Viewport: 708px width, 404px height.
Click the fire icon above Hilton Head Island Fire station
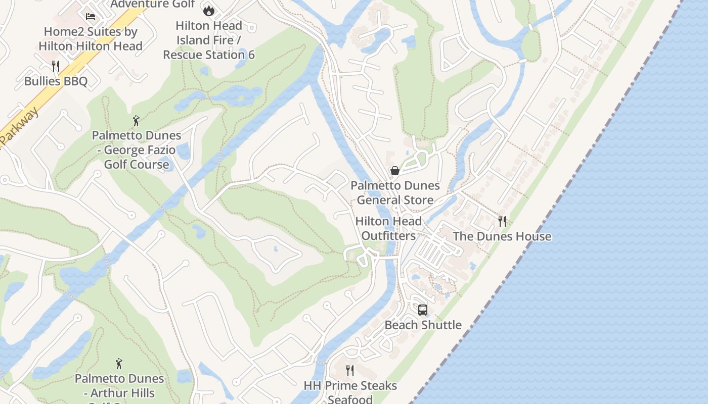click(x=208, y=10)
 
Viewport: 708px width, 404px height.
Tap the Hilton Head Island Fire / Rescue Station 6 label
click(x=209, y=40)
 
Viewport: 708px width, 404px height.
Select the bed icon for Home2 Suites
click(x=91, y=17)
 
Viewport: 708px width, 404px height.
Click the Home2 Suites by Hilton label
click(x=91, y=38)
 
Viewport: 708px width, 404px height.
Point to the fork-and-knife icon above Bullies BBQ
click(x=56, y=66)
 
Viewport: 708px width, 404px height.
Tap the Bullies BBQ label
click(x=56, y=81)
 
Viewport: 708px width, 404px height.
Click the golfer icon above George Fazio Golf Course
click(x=136, y=121)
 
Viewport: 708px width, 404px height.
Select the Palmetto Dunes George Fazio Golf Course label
click(x=137, y=150)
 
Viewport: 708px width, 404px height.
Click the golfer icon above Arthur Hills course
click(x=119, y=364)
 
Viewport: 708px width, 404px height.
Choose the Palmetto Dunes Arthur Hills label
click(x=119, y=386)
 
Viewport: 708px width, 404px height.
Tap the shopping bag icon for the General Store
click(x=395, y=171)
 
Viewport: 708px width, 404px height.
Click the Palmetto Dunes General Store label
click(x=395, y=193)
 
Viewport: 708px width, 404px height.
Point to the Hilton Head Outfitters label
click(x=388, y=228)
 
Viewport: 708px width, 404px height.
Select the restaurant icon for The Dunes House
click(x=502, y=221)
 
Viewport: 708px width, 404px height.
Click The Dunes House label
click(x=502, y=236)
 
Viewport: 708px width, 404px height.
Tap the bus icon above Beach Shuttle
click(x=423, y=310)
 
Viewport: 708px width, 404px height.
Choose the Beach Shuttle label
click(x=423, y=325)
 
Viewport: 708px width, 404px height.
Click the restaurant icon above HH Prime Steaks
click(x=350, y=371)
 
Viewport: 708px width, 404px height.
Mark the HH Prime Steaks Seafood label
click(x=350, y=392)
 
